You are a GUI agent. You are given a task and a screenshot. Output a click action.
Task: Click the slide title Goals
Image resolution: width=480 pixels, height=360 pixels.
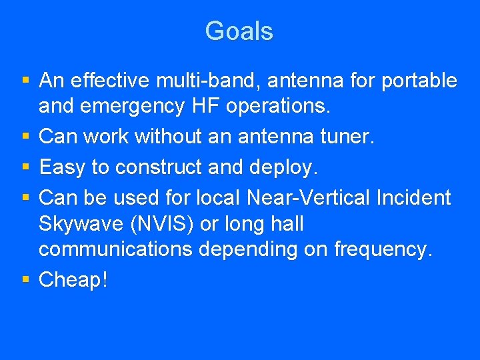click(x=239, y=31)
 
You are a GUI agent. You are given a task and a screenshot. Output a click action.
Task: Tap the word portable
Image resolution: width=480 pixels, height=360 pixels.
click(x=417, y=81)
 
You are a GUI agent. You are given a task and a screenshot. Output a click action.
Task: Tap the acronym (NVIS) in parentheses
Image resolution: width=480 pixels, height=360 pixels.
click(x=164, y=224)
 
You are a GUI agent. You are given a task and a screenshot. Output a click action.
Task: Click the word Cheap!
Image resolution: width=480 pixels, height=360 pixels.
click(x=73, y=280)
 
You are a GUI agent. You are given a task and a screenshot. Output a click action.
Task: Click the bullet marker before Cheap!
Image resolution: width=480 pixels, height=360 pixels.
click(x=26, y=280)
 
